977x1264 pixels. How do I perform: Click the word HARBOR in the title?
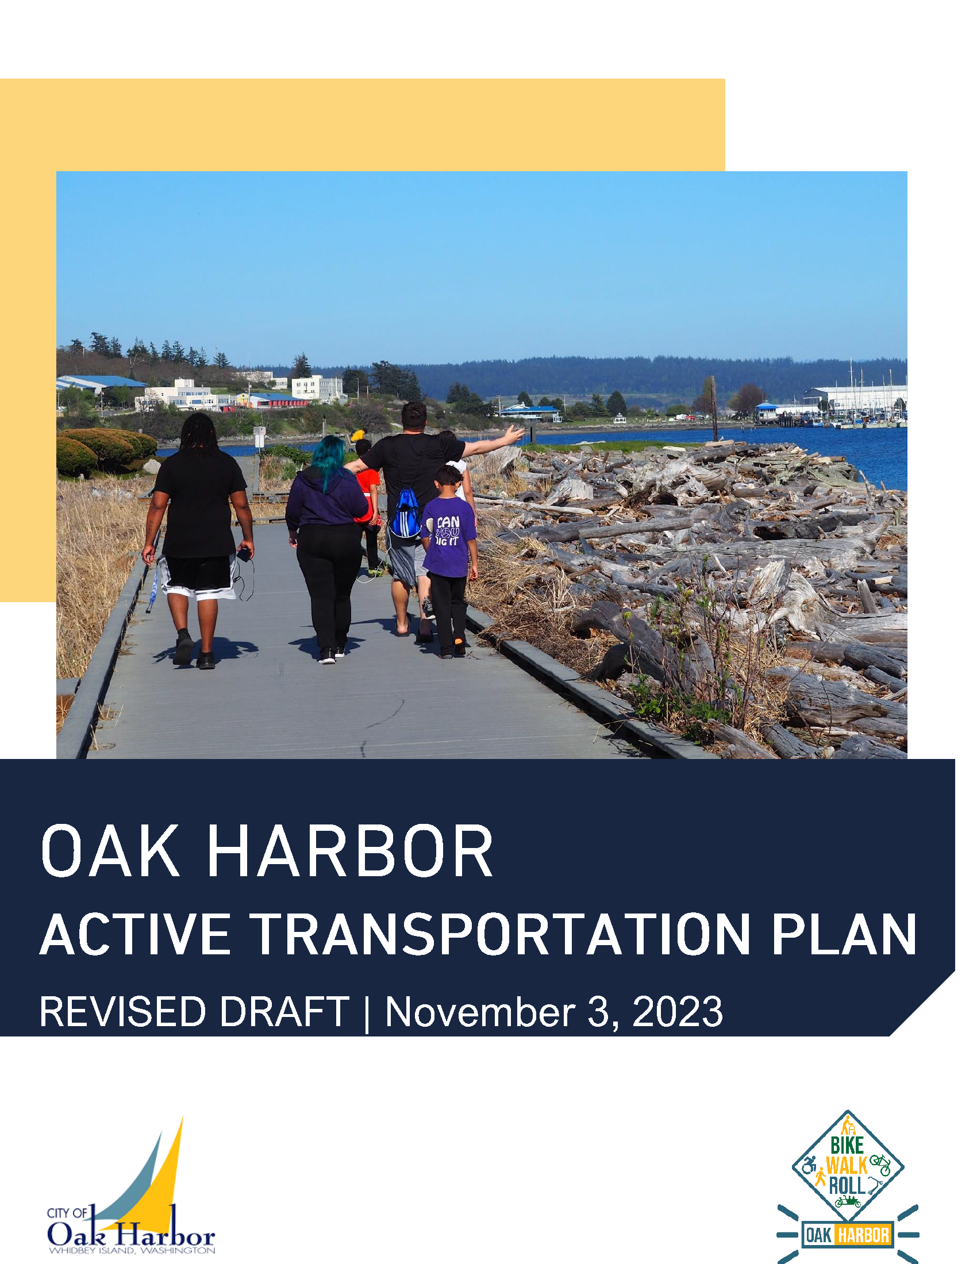350,852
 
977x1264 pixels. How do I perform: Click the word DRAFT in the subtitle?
283,1012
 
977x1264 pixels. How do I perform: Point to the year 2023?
677,1012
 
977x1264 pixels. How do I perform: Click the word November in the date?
480,1012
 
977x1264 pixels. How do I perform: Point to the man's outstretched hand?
513,433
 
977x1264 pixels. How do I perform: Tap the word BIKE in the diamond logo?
847,1145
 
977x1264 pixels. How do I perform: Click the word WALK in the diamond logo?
846,1165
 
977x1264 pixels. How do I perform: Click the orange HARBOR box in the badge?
863,1235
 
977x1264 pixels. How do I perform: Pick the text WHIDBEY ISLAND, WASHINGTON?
132,1250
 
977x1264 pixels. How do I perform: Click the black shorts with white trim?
197,576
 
